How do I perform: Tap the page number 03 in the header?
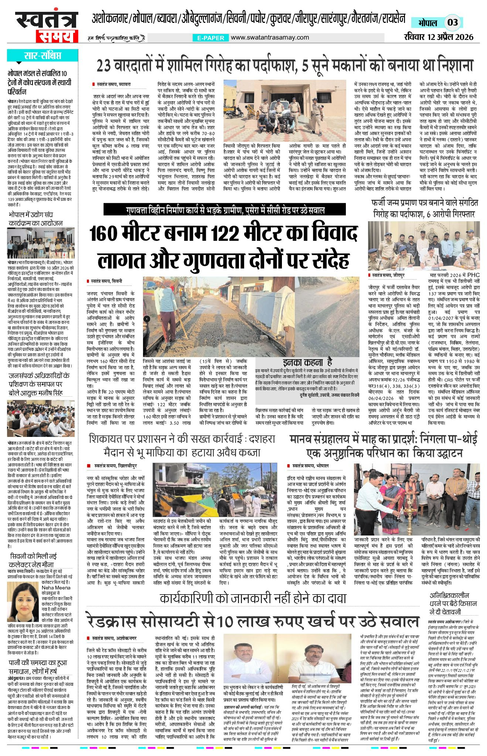pyautogui.click(x=453, y=23)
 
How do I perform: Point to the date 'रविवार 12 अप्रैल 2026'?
pyautogui.click(x=439, y=37)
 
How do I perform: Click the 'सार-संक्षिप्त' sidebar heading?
pyautogui.click(x=42, y=56)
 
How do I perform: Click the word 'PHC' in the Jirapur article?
pyautogui.click(x=474, y=275)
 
